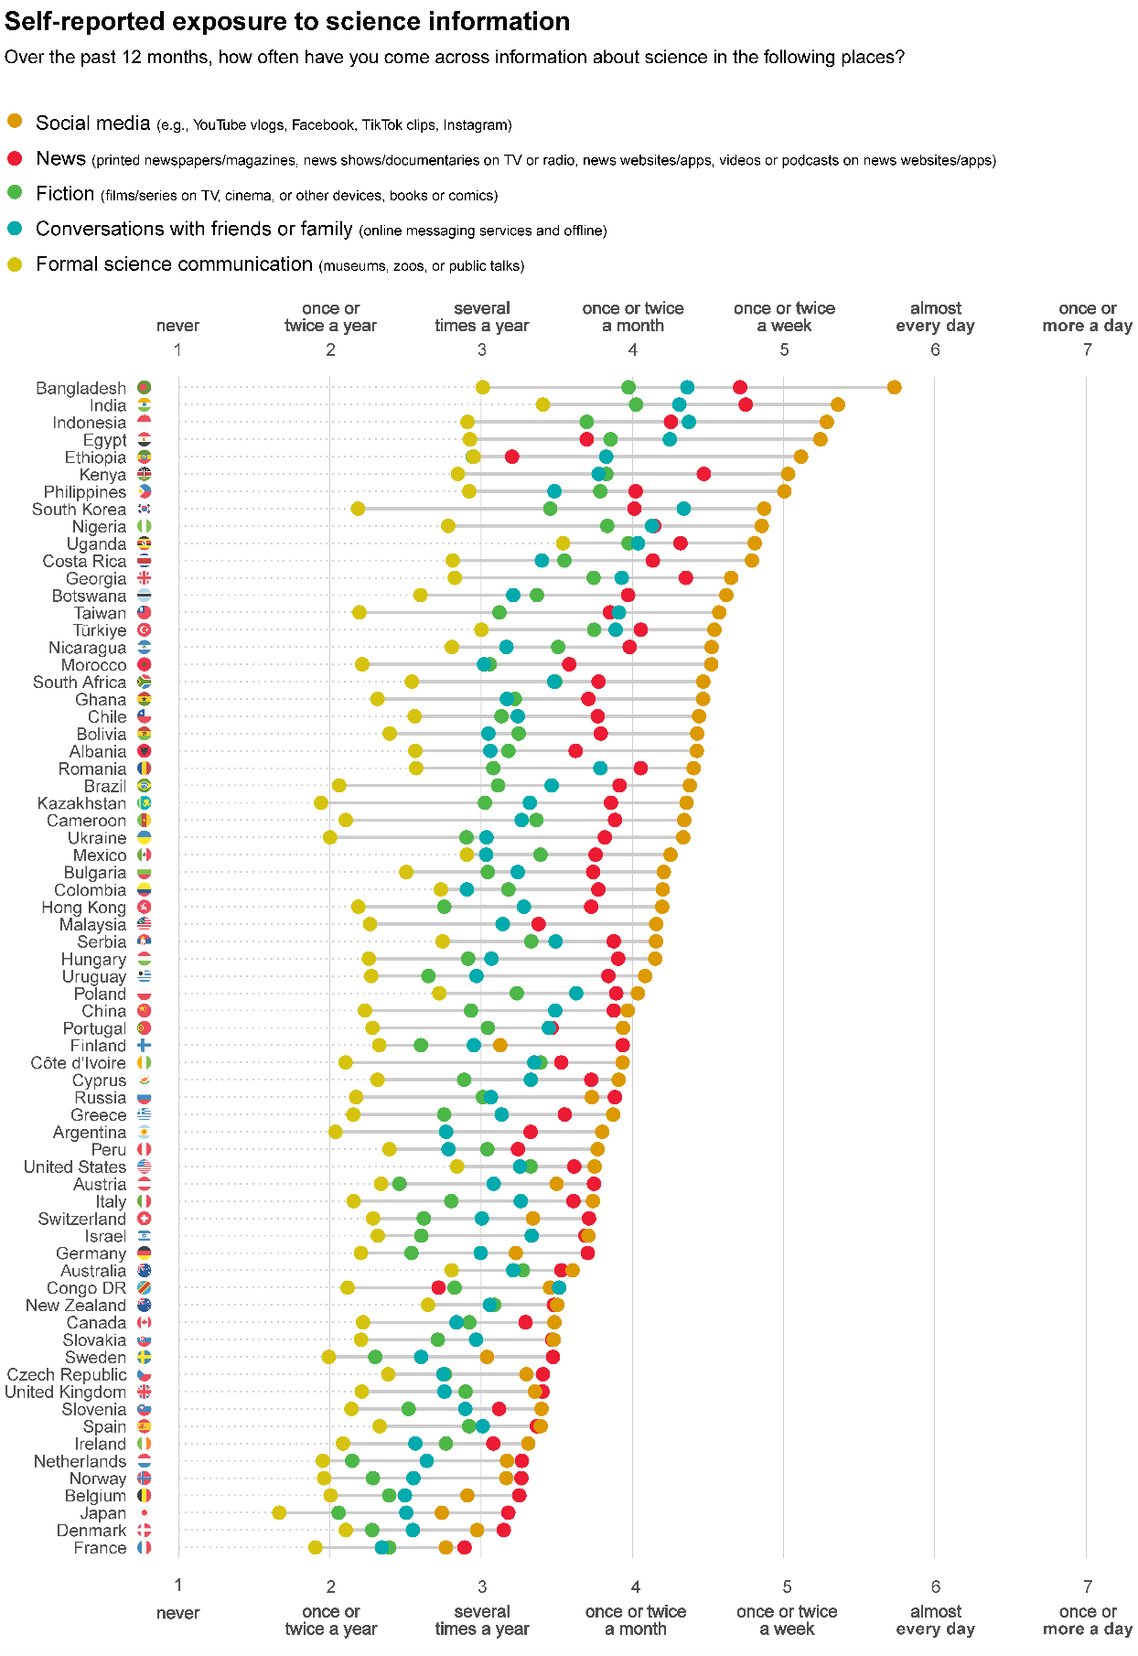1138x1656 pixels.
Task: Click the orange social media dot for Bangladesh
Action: coord(894,387)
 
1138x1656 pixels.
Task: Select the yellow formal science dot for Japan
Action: coord(279,1512)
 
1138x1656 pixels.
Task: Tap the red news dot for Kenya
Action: coord(703,473)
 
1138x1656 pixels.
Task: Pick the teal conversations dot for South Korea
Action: coord(683,508)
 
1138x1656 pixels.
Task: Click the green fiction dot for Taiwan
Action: coord(499,612)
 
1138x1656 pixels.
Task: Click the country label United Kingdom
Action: coord(65,1392)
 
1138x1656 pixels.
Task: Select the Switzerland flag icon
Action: coord(144,1218)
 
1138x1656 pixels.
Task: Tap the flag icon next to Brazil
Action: coord(144,785)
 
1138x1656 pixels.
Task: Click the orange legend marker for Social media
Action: coord(15,121)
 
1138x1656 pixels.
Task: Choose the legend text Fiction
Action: coord(65,193)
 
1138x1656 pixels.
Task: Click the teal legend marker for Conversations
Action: coord(15,227)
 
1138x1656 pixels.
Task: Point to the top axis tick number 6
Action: coord(935,349)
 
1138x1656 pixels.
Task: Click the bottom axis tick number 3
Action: coord(482,1586)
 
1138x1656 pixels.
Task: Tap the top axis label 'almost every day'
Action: coord(935,317)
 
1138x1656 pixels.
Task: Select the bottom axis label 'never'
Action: coord(177,1612)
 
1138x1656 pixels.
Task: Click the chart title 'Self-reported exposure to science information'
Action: coord(287,21)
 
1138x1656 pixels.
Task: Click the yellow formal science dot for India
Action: coord(542,404)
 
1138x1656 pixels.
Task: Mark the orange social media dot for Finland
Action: coord(499,1045)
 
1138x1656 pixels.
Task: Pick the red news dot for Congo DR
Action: coord(438,1287)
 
